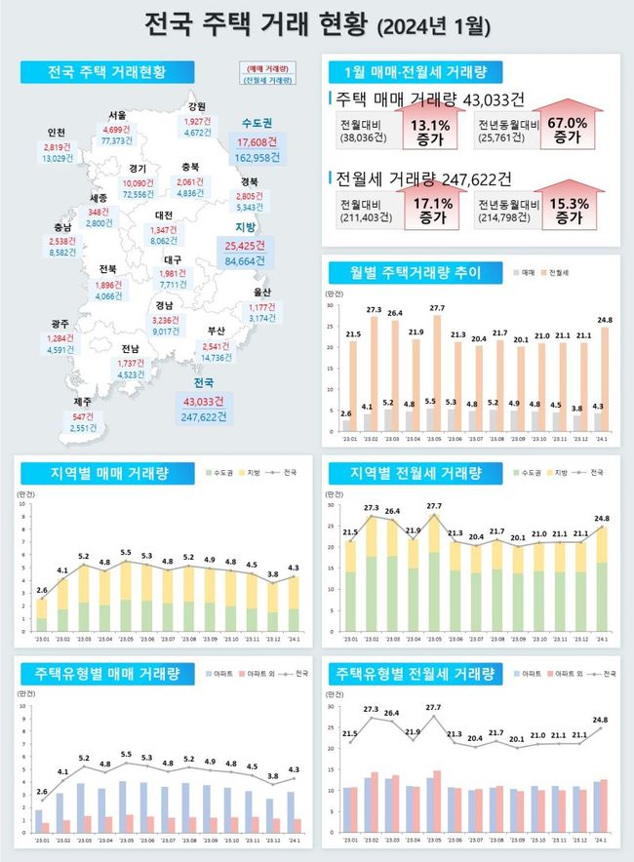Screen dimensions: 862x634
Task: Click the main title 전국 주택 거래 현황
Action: pyautogui.click(x=317, y=23)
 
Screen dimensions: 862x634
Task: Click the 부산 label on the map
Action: pyautogui.click(x=215, y=331)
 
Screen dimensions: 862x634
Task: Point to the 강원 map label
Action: pyautogui.click(x=197, y=107)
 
